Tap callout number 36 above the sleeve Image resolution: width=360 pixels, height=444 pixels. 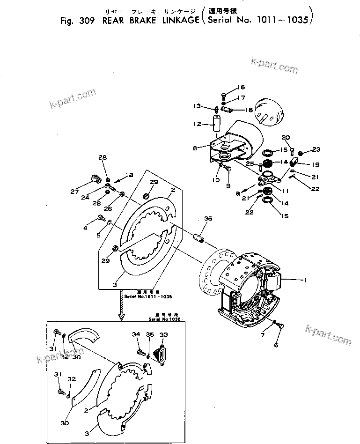pyautogui.click(x=208, y=218)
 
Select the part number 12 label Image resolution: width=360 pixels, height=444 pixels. pyautogui.click(x=197, y=124)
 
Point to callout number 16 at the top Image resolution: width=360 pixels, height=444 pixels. pyautogui.click(x=241, y=87)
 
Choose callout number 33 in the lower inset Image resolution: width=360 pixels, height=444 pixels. pyautogui.click(x=164, y=334)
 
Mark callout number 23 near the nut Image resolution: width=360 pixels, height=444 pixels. pyautogui.click(x=316, y=150)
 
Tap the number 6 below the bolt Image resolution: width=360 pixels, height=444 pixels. pyautogui.click(x=276, y=345)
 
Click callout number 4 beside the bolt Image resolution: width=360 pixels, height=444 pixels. pyautogui.click(x=85, y=228)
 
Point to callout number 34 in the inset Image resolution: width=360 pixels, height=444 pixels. pyautogui.click(x=136, y=334)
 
